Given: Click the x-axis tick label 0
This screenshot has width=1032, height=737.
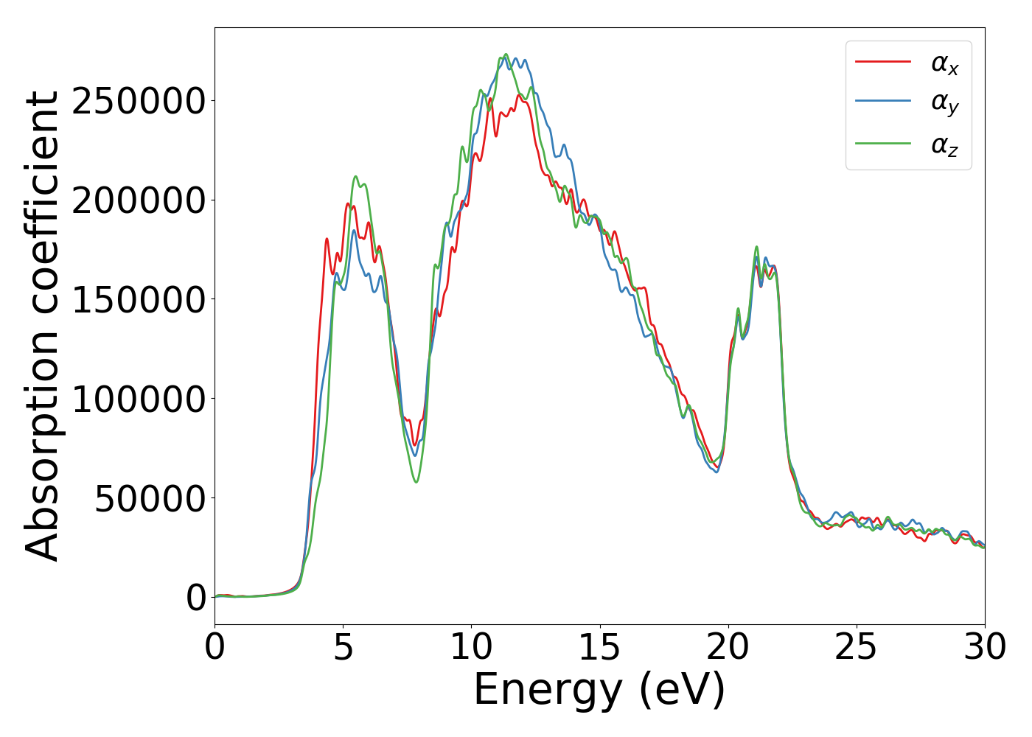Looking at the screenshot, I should [215, 648].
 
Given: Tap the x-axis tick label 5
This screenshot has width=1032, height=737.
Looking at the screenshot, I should [343, 648].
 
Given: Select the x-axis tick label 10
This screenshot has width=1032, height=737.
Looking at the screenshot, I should [471, 648].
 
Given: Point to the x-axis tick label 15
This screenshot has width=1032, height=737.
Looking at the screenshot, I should [599, 648].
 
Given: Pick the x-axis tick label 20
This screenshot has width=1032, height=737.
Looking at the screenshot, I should [728, 648].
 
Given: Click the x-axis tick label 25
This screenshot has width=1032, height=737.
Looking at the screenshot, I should [857, 648].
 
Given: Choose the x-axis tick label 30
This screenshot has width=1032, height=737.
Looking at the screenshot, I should [985, 648].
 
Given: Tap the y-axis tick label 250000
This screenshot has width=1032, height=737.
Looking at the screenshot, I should [138, 101].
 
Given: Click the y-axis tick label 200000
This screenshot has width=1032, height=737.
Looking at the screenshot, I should [138, 200].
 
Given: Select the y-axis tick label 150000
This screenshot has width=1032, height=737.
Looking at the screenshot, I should [138, 300].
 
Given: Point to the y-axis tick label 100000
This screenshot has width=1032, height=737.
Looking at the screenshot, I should [138, 399].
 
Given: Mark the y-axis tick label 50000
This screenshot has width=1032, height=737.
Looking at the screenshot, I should [150, 499].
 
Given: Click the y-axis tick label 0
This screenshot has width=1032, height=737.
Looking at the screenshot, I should [196, 598].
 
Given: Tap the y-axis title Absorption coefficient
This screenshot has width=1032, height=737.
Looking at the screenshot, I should [42, 326].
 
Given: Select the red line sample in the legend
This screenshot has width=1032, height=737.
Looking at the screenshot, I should [883, 62].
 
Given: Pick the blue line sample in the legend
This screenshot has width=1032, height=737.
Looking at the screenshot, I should [883, 102].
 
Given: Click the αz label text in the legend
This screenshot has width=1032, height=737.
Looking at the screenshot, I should [944, 145].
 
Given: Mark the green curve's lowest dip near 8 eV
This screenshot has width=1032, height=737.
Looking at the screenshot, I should [416, 482].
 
